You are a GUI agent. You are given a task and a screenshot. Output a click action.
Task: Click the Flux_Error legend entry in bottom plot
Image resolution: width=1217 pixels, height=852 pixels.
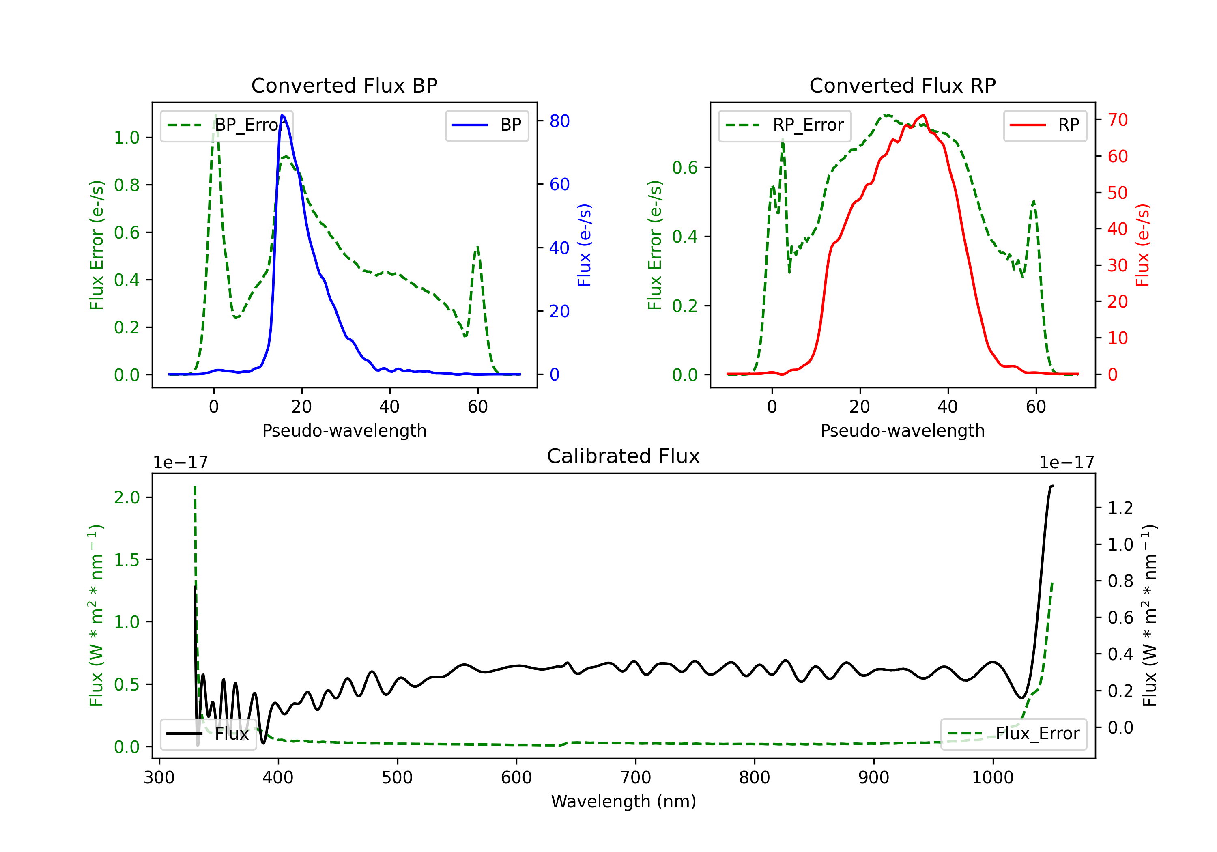point(1013,734)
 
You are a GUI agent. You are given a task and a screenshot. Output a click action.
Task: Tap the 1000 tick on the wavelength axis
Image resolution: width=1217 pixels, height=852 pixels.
point(992,778)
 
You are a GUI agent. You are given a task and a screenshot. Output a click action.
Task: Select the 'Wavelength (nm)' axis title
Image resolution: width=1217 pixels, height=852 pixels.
point(624,802)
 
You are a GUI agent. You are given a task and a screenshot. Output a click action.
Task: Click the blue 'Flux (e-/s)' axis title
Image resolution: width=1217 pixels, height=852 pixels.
point(584,245)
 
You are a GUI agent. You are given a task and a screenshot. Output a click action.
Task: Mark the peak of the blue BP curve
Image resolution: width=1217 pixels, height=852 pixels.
point(282,115)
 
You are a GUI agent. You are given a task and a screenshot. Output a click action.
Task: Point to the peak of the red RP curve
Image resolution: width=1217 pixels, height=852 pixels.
point(923,115)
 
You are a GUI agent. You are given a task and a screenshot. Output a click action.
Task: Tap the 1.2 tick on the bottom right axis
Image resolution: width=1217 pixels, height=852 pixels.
point(1120,508)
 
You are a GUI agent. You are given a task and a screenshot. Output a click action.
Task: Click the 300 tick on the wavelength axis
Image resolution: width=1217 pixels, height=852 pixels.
point(159,778)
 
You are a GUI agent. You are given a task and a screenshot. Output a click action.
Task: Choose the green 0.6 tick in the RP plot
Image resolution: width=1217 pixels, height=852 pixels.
point(685,168)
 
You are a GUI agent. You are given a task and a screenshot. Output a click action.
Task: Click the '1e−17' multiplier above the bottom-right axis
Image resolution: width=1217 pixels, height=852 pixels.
point(1066,463)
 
